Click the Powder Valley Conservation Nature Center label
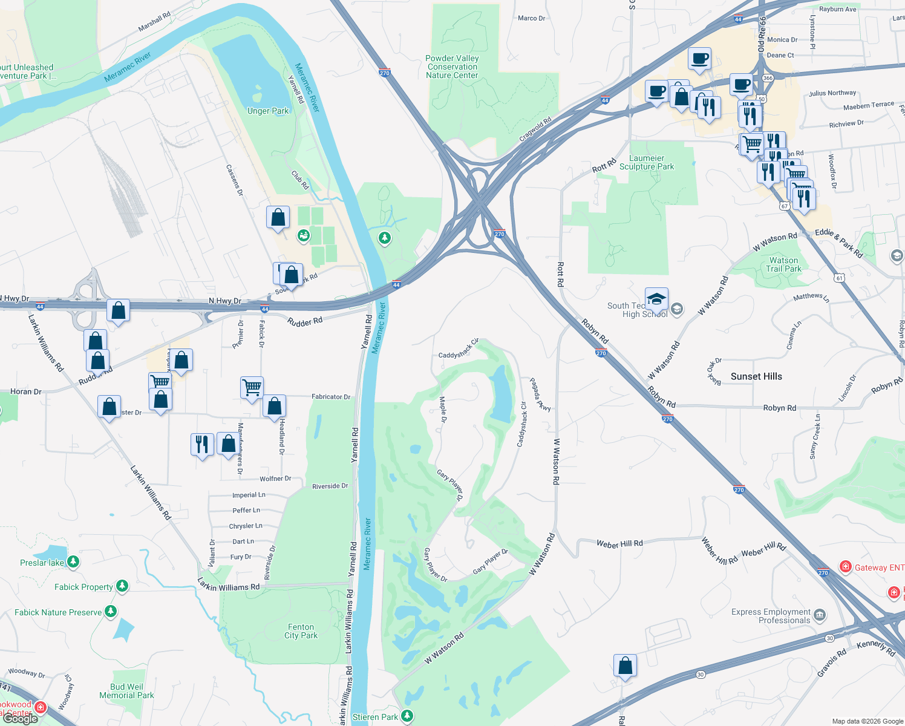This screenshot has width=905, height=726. [x=452, y=67]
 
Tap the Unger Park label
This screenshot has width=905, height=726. [x=268, y=111]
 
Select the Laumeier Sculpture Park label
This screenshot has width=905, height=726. [x=647, y=162]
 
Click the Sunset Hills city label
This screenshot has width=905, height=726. [x=756, y=376]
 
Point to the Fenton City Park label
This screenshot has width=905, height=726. [x=301, y=631]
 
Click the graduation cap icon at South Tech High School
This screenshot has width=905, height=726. [x=656, y=299]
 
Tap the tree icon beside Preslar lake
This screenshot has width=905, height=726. [x=73, y=562]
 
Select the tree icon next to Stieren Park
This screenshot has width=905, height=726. [x=407, y=716]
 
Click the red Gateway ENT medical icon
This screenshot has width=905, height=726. [x=845, y=567]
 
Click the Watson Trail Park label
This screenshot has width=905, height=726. [x=783, y=264]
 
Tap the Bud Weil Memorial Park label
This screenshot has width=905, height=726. [x=126, y=691]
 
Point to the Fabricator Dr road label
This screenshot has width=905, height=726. [x=331, y=397]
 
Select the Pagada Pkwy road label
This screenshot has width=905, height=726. [x=540, y=394]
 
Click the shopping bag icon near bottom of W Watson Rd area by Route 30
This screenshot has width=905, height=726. [x=625, y=665]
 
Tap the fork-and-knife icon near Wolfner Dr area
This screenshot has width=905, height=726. [x=201, y=444]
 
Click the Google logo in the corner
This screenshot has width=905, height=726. [x=21, y=719]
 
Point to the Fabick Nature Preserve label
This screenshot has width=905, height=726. [x=58, y=612]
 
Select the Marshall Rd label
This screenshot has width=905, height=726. [x=154, y=22]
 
